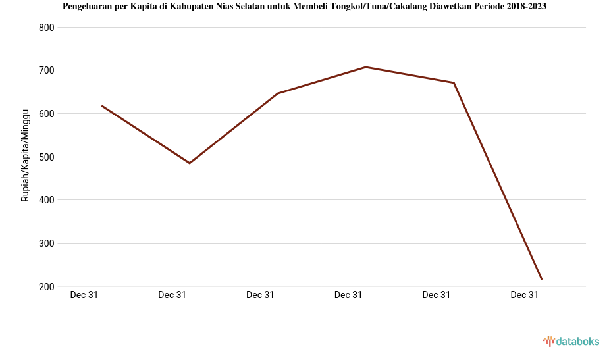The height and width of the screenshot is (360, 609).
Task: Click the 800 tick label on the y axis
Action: [47, 28]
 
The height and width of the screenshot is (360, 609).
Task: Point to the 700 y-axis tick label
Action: [47, 70]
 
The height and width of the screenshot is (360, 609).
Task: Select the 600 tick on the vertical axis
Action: [47, 114]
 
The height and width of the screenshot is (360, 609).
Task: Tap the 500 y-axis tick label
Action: [47, 157]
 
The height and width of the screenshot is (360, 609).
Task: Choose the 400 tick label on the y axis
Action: [47, 200]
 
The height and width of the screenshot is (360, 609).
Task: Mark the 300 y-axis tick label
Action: [47, 244]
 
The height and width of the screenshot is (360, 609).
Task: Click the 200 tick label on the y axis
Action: [47, 287]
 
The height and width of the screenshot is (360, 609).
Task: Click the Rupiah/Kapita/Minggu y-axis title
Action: [26, 157]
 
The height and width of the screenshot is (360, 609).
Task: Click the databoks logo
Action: [571, 341]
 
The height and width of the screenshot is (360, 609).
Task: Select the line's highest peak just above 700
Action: [365, 67]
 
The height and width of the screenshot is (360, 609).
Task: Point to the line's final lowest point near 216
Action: [541, 279]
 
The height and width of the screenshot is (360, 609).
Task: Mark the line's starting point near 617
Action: [102, 106]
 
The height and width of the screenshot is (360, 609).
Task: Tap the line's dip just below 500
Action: [190, 163]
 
